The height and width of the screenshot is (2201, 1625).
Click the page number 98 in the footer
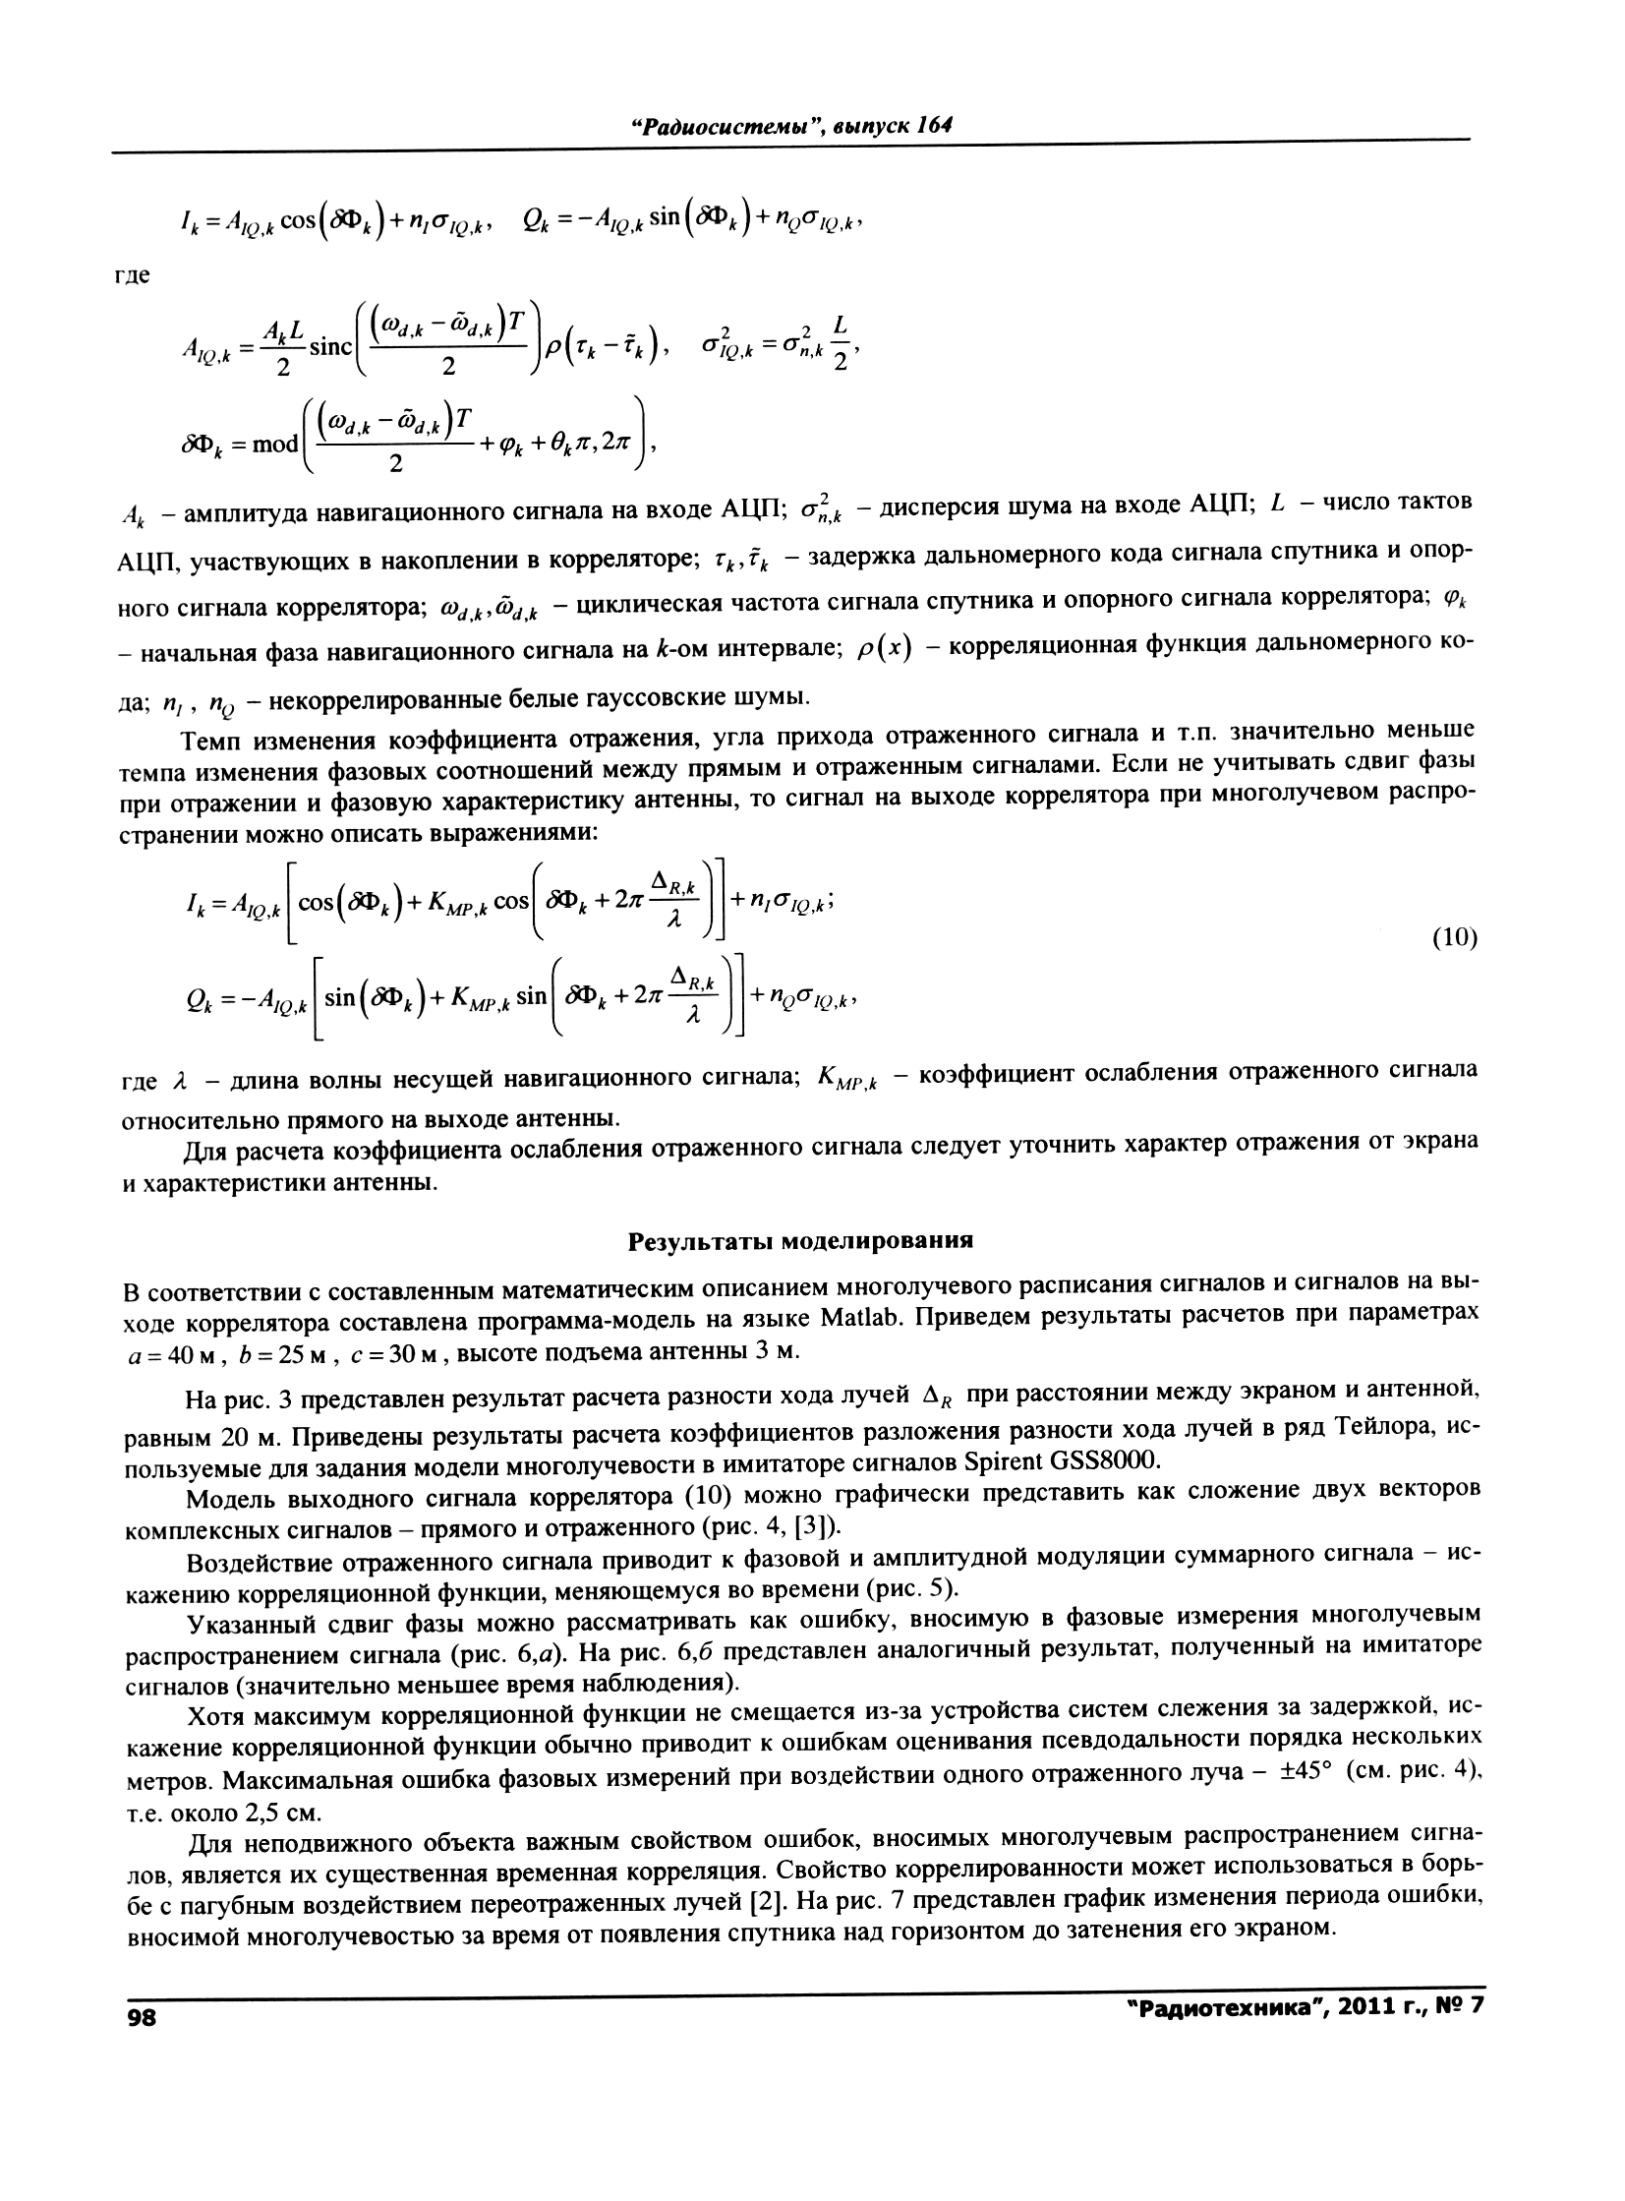coord(142,2016)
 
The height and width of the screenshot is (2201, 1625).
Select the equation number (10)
coord(1453,937)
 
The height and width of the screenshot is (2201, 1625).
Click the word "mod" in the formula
coord(275,445)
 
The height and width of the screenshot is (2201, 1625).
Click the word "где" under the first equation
coord(134,275)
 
